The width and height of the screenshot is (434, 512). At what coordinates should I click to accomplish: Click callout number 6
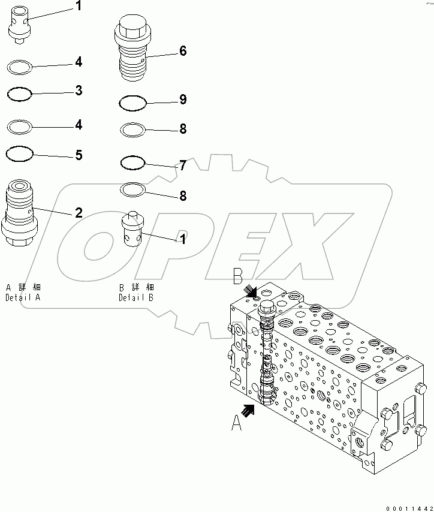click(182, 52)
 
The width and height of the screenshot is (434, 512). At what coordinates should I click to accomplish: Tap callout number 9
click(182, 100)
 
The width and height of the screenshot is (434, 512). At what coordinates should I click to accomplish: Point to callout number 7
click(182, 165)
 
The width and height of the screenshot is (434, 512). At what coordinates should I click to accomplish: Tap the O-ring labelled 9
click(132, 103)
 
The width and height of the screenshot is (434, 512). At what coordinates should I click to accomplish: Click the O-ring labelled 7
click(132, 162)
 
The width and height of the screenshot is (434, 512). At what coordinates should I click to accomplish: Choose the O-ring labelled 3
click(19, 94)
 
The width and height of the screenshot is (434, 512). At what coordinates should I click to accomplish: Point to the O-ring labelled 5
click(19, 155)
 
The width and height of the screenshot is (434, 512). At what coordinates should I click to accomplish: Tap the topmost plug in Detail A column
click(20, 23)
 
